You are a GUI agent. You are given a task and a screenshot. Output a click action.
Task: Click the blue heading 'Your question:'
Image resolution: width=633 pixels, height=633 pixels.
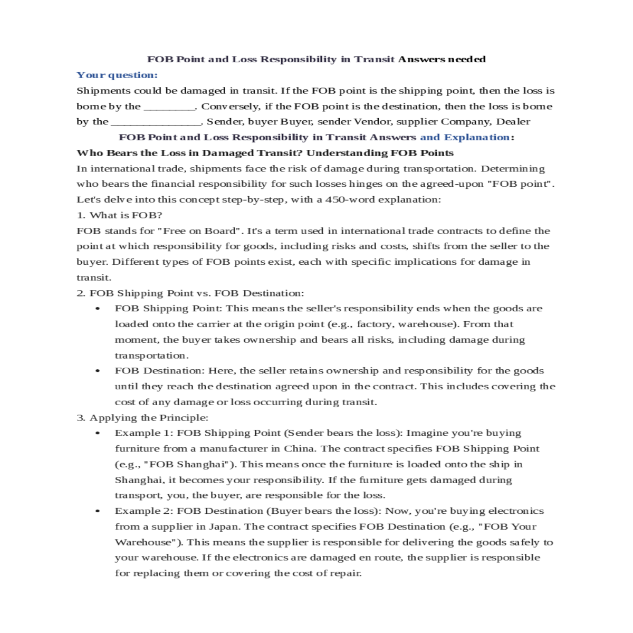click(x=117, y=75)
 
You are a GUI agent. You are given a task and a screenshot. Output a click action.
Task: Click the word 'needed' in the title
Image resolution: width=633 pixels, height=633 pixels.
click(x=466, y=59)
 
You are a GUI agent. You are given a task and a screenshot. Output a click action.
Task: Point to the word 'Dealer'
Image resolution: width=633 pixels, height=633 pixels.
click(x=513, y=122)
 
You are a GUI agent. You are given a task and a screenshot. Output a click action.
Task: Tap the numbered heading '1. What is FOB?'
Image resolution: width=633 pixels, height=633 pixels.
click(x=119, y=215)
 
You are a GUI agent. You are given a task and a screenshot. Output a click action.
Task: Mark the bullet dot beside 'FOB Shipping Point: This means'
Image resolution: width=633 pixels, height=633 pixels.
click(x=98, y=309)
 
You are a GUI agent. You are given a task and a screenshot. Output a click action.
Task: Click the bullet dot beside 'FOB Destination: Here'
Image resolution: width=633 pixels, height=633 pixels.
click(x=98, y=371)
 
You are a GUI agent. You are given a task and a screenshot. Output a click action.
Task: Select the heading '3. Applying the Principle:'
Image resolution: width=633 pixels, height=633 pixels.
click(x=142, y=418)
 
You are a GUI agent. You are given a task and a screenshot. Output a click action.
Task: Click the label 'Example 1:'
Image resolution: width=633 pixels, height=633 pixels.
click(x=143, y=433)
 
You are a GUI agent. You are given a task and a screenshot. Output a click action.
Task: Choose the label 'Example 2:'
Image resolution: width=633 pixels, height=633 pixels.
click(x=143, y=511)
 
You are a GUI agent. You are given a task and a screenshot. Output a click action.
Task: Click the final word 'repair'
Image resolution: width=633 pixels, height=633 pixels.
click(x=347, y=573)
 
